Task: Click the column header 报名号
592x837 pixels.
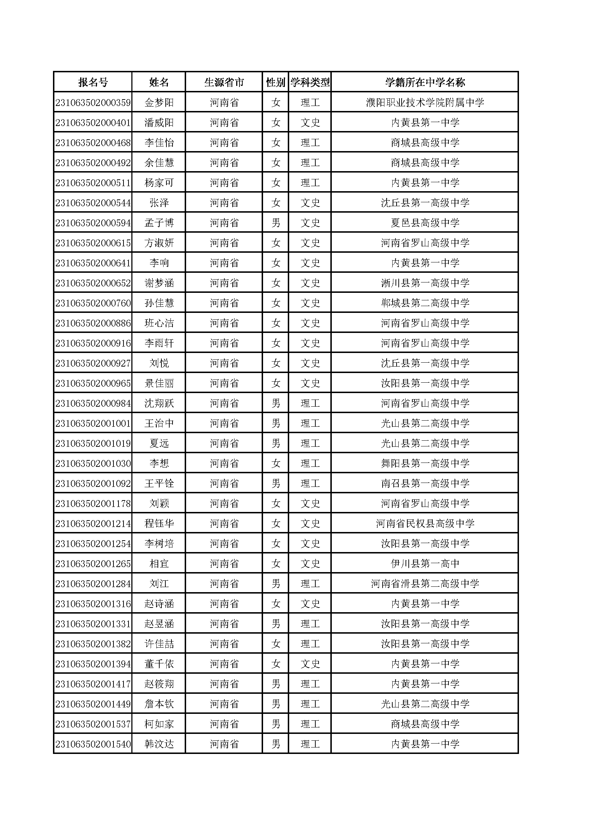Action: click(x=93, y=82)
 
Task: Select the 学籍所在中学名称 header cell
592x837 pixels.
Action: click(x=425, y=82)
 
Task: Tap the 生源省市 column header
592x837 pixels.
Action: click(x=224, y=82)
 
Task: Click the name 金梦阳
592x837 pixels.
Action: click(x=159, y=102)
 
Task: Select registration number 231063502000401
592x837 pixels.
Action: click(x=93, y=122)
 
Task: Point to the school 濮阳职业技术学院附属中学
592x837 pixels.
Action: click(x=425, y=102)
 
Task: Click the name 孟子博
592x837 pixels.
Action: click(x=159, y=223)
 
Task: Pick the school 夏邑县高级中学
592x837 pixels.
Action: click(x=425, y=223)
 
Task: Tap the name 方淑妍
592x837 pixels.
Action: click(x=159, y=243)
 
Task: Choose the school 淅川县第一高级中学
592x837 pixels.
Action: click(x=425, y=283)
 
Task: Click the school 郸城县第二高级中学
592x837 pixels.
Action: click(x=425, y=303)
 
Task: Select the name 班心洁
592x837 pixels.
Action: click(x=159, y=323)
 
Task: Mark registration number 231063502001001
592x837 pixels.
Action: click(x=93, y=423)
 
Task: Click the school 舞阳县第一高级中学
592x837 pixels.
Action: click(x=425, y=463)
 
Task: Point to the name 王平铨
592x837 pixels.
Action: click(x=159, y=483)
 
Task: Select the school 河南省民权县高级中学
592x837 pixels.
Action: click(x=425, y=523)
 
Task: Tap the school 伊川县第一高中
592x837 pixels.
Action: click(x=425, y=563)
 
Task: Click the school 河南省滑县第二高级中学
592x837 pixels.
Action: click(x=425, y=584)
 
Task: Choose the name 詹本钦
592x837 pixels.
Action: click(x=159, y=704)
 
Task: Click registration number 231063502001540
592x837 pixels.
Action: click(x=93, y=744)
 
